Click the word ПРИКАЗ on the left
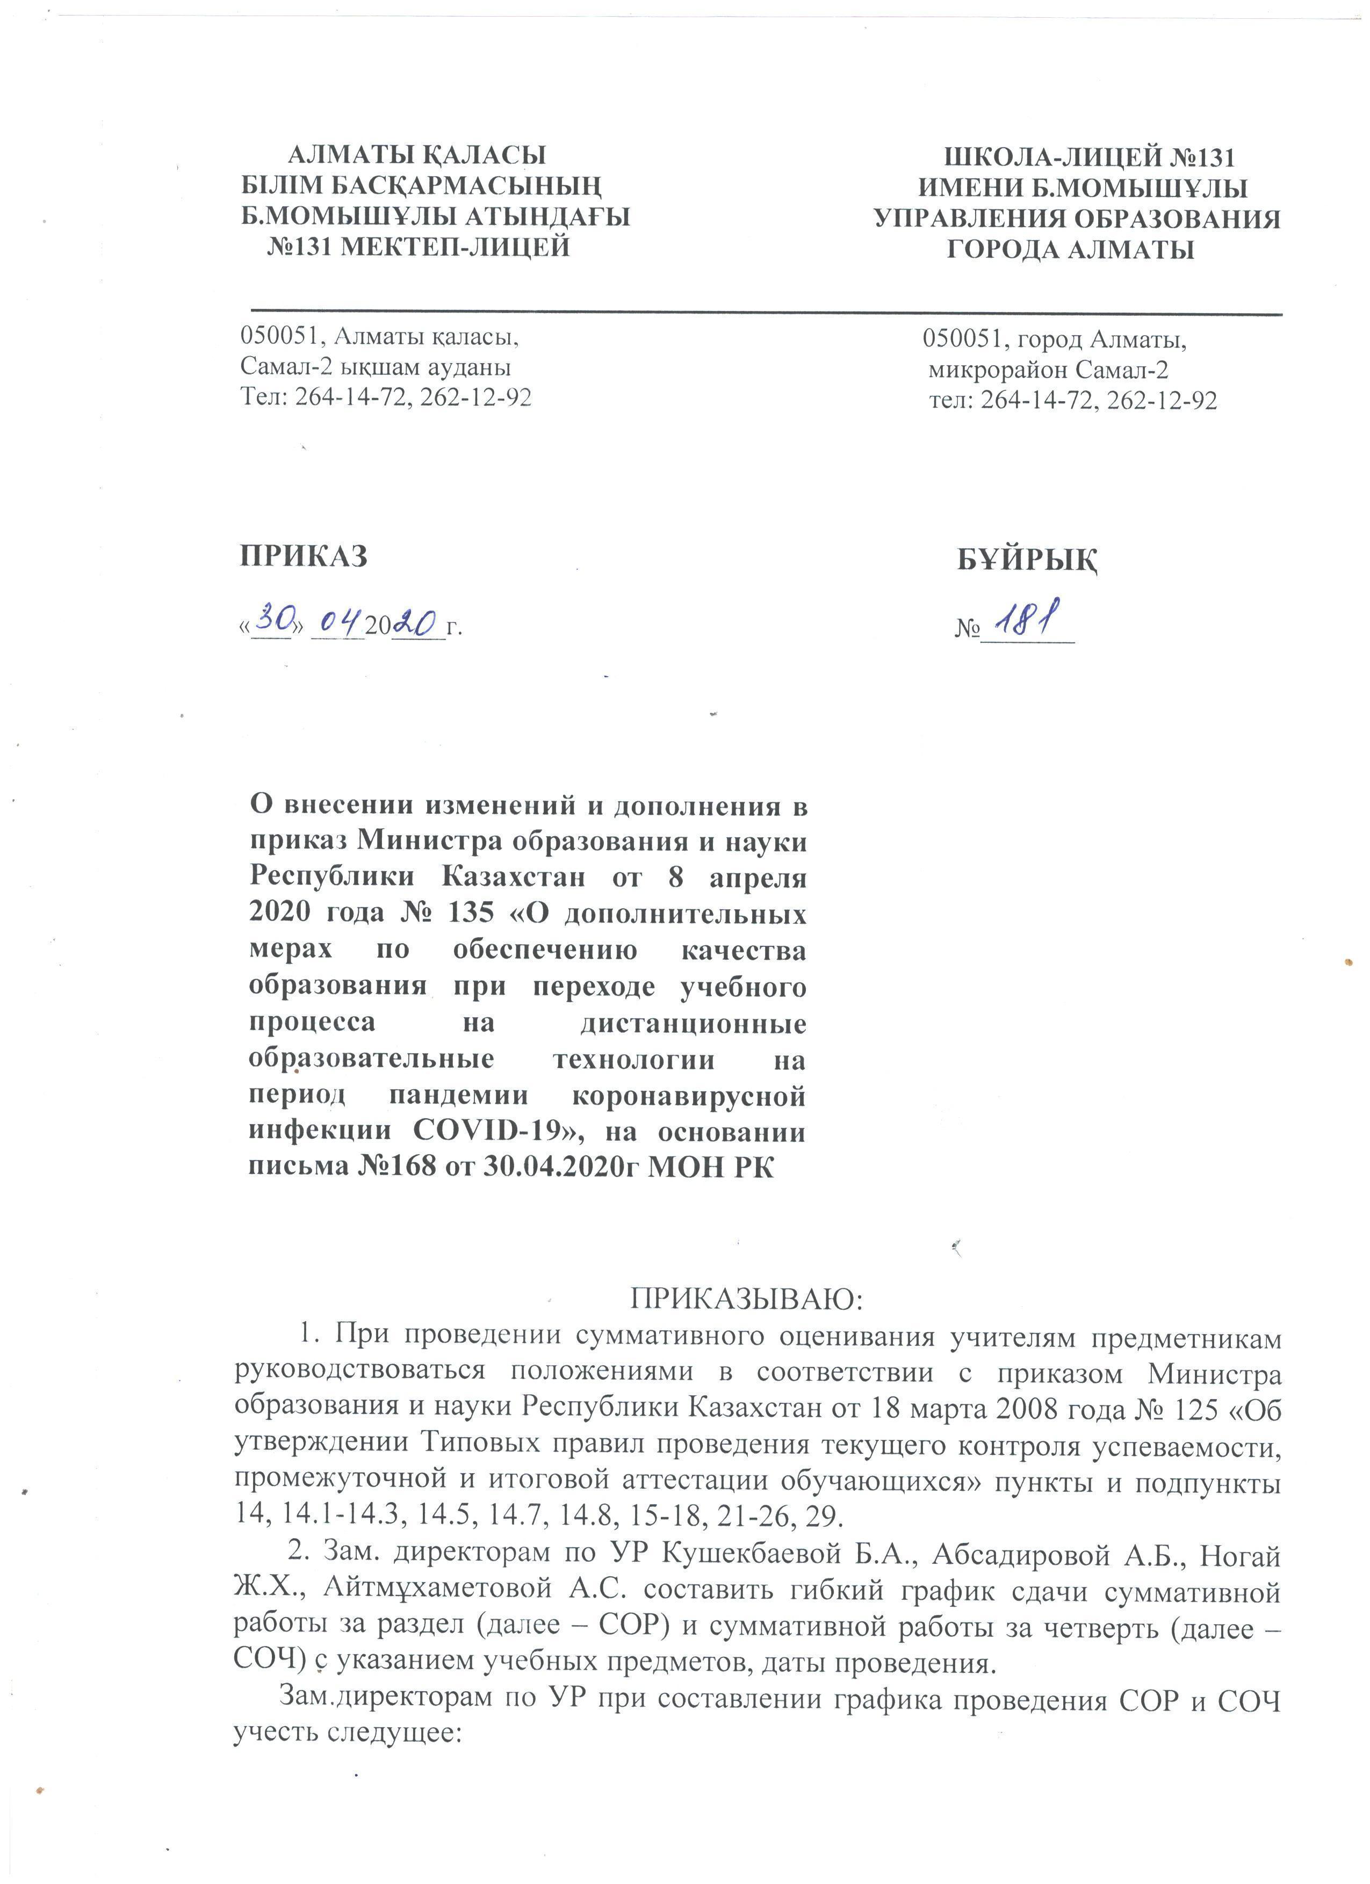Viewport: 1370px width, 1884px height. (303, 556)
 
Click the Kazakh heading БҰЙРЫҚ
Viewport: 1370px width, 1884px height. (1027, 561)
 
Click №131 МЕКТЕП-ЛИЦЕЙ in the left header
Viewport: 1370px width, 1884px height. (418, 247)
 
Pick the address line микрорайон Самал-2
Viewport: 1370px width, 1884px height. (1049, 369)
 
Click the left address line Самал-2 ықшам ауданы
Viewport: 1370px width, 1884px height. (376, 366)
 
